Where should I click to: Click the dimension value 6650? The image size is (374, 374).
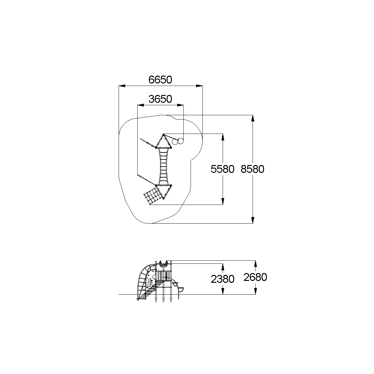tap(160, 80)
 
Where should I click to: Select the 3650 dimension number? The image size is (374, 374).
tap(160, 99)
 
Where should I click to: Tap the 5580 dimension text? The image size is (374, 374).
tap(222, 169)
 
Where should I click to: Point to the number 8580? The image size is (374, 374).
tap(252, 169)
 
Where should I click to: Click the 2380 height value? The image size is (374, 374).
tap(222, 279)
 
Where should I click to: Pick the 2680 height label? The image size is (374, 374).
tap(255, 277)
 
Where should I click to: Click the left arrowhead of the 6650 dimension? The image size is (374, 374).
tap(122, 86)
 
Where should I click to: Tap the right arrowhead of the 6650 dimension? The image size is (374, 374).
tap(199, 86)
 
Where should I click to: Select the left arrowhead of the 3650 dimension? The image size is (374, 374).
tap(141, 105)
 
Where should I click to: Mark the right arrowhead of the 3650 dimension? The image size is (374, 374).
tap(180, 105)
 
